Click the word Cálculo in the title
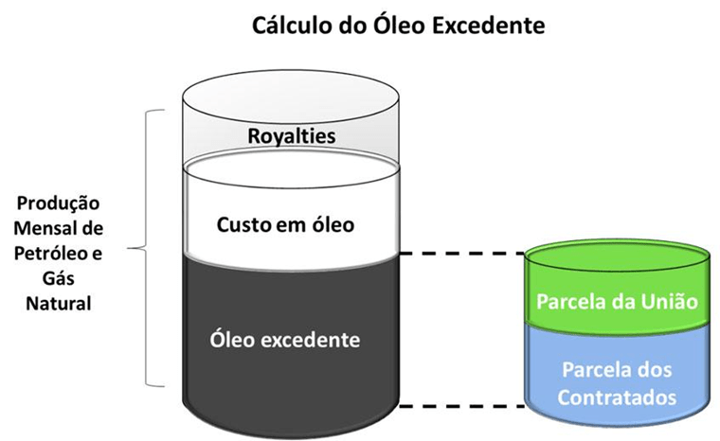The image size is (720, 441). (x=290, y=25)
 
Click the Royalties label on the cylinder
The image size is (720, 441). (x=292, y=136)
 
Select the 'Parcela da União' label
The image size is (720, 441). (x=617, y=303)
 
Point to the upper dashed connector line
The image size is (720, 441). (x=462, y=254)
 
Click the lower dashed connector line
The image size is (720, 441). (x=462, y=406)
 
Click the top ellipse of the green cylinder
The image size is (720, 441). (x=617, y=257)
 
